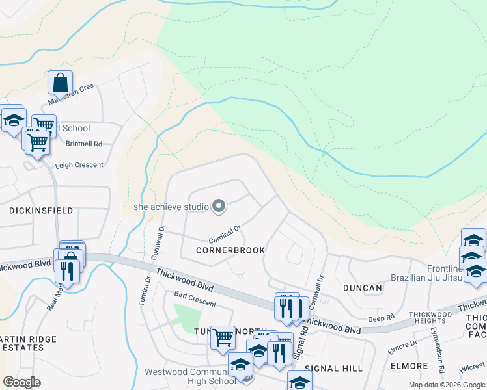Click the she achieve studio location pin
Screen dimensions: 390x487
coord(219,207)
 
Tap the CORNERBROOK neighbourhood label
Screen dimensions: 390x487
coord(230,250)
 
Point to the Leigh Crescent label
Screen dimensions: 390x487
coord(79,165)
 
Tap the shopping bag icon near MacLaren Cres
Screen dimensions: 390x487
coord(60,83)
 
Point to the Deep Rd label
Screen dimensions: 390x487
coord(382,318)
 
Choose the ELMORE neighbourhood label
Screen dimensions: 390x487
coord(409,366)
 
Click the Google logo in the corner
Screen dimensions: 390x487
coord(21,382)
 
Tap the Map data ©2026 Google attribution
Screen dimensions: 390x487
coord(447,385)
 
